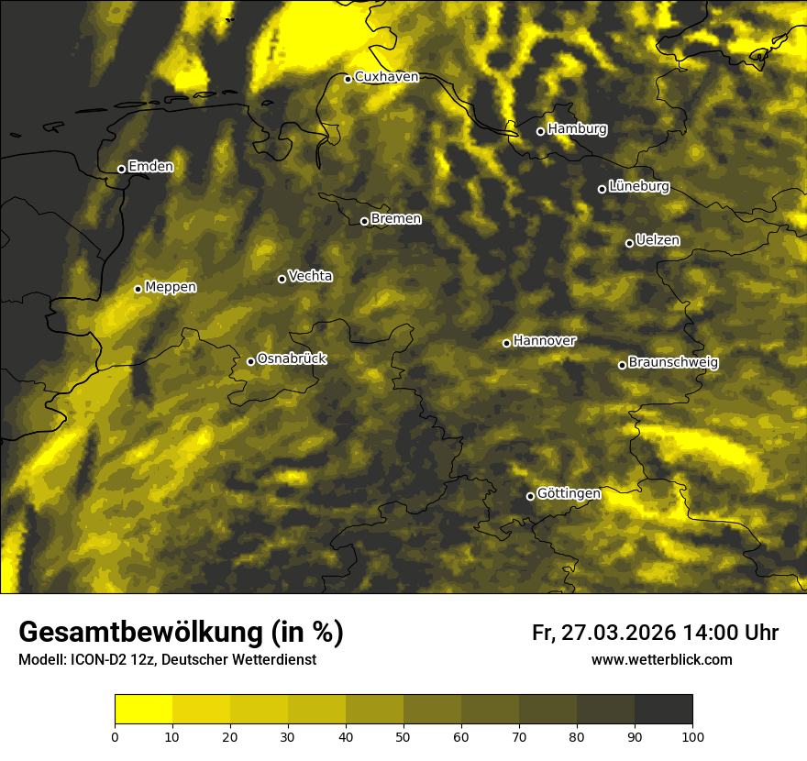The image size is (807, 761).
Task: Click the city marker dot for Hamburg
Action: click(x=540, y=131)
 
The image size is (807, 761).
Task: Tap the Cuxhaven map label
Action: click(x=386, y=77)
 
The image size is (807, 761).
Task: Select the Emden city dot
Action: click(x=121, y=169)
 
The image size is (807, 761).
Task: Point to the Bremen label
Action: click(x=396, y=219)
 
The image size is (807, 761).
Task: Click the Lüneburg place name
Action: click(x=639, y=187)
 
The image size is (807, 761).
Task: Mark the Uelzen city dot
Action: click(x=629, y=243)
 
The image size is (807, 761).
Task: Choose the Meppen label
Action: click(x=171, y=287)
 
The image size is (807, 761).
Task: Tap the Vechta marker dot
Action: click(x=282, y=279)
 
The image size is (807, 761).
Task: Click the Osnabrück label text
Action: click(x=292, y=359)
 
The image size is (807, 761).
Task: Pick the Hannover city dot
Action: click(x=506, y=343)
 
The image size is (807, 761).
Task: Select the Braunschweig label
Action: click(x=673, y=363)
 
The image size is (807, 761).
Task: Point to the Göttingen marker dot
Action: click(x=530, y=496)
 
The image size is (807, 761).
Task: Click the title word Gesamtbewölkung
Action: click(x=138, y=633)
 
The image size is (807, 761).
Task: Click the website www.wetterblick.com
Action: click(x=662, y=660)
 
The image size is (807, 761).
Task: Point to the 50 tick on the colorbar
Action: click(x=403, y=736)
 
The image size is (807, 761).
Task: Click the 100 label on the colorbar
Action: click(x=692, y=736)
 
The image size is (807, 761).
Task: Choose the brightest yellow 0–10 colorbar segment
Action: click(x=143, y=710)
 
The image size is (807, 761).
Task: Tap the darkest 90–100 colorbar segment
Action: click(x=663, y=710)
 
